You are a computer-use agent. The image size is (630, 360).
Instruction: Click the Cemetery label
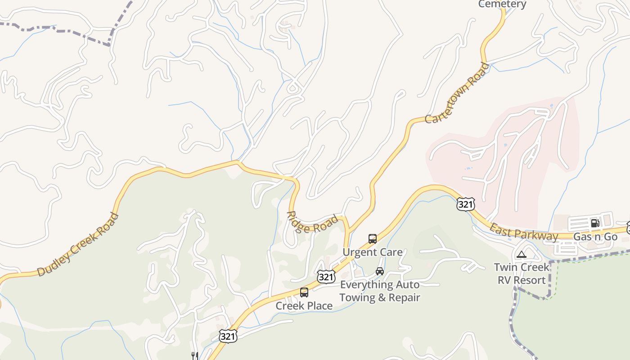tap(502, 4)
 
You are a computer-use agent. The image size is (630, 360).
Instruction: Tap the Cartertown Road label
tap(457, 94)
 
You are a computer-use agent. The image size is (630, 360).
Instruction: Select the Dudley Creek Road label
tap(78, 245)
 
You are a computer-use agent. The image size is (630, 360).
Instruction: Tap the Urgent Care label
tap(373, 252)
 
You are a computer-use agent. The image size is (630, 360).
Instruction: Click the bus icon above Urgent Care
tap(373, 239)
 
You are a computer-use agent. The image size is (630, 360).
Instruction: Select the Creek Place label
tap(304, 306)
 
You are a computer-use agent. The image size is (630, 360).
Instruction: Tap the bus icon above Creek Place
tap(304, 292)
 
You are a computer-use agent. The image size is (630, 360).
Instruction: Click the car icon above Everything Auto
tap(380, 271)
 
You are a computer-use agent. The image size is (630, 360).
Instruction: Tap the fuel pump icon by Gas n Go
tap(595, 223)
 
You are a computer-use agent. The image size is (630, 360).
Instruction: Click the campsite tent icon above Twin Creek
tap(522, 255)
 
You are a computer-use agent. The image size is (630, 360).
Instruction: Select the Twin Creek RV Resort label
tap(522, 274)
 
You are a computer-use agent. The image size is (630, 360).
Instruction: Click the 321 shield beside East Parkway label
tap(465, 204)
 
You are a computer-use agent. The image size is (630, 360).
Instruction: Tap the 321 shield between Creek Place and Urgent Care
tap(325, 276)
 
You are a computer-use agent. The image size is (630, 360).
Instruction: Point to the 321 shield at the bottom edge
tap(228, 336)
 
